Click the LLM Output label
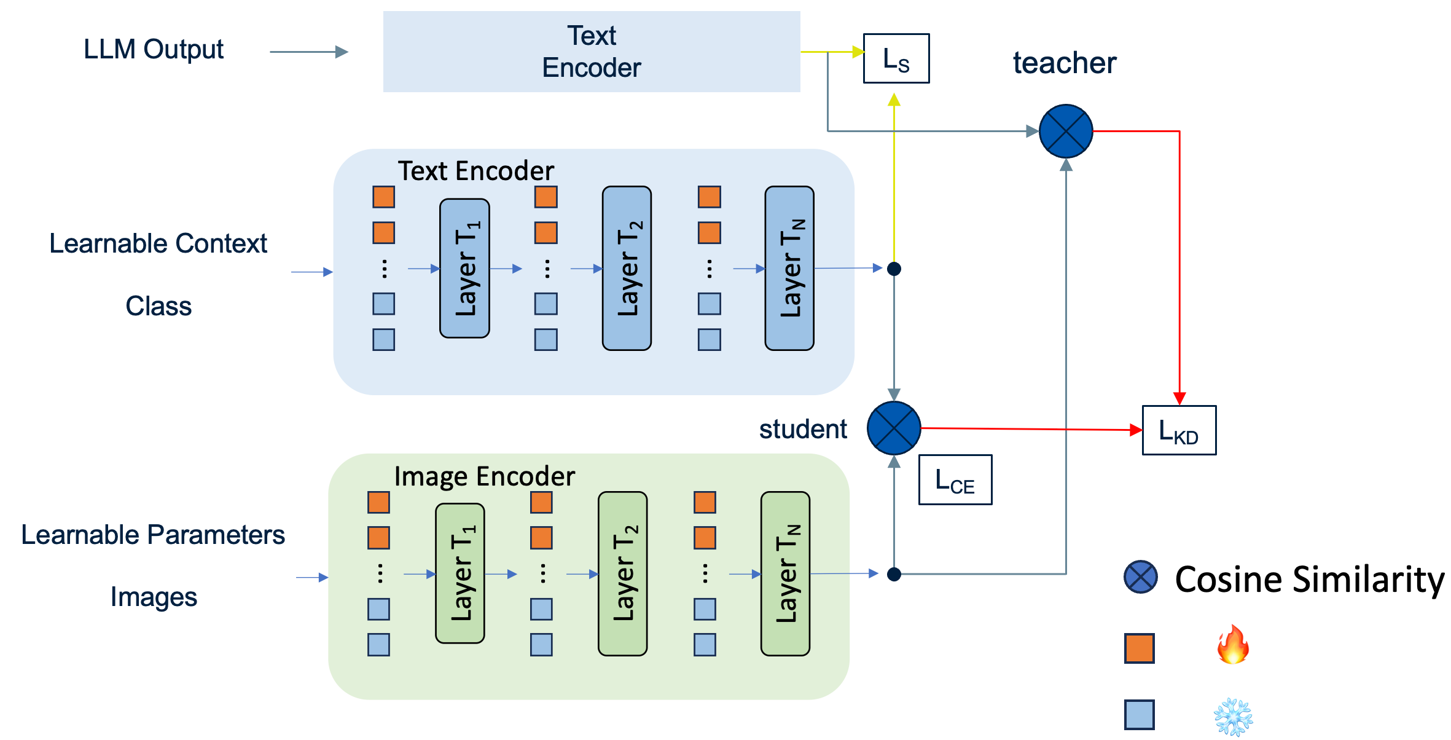(x=154, y=50)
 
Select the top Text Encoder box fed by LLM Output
(x=591, y=52)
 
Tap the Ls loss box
(x=896, y=58)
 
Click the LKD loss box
(x=1178, y=430)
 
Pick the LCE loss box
(x=955, y=480)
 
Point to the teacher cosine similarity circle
(x=1065, y=131)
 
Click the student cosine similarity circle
(x=894, y=428)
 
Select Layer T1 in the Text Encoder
(x=464, y=269)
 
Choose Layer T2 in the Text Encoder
(x=627, y=269)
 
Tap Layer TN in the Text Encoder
(x=789, y=269)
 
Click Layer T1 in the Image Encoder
(x=460, y=573)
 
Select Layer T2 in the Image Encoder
(x=622, y=573)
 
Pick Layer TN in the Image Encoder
(x=785, y=573)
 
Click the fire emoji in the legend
(x=1233, y=645)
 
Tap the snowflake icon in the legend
(x=1233, y=716)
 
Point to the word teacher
(x=1065, y=63)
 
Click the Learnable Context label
(x=158, y=243)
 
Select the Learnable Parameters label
(x=153, y=535)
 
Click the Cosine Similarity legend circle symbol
(x=1140, y=577)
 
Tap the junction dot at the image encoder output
(x=894, y=574)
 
